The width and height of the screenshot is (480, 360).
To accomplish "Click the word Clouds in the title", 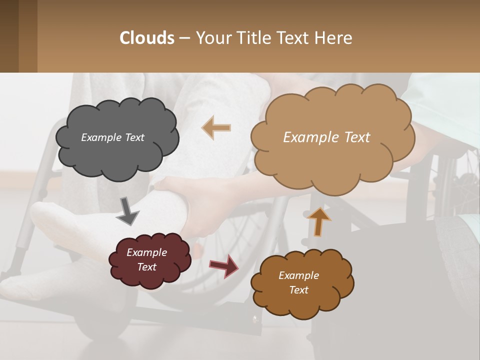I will tap(147, 38).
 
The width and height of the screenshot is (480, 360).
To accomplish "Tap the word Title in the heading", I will tap(254, 38).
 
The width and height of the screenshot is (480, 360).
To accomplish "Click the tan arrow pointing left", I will tap(216, 128).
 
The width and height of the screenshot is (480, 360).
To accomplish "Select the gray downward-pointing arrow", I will tap(127, 211).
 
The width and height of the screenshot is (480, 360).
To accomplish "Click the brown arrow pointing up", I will tap(318, 221).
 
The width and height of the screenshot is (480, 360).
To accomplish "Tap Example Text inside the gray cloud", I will tap(112, 137).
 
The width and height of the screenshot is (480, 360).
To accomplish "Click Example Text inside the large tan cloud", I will tap(326, 137).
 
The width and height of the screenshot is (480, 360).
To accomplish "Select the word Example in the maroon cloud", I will tap(146, 252).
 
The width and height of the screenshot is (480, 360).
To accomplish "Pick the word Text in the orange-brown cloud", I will tap(298, 290).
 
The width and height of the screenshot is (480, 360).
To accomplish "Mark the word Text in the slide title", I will tap(295, 38).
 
